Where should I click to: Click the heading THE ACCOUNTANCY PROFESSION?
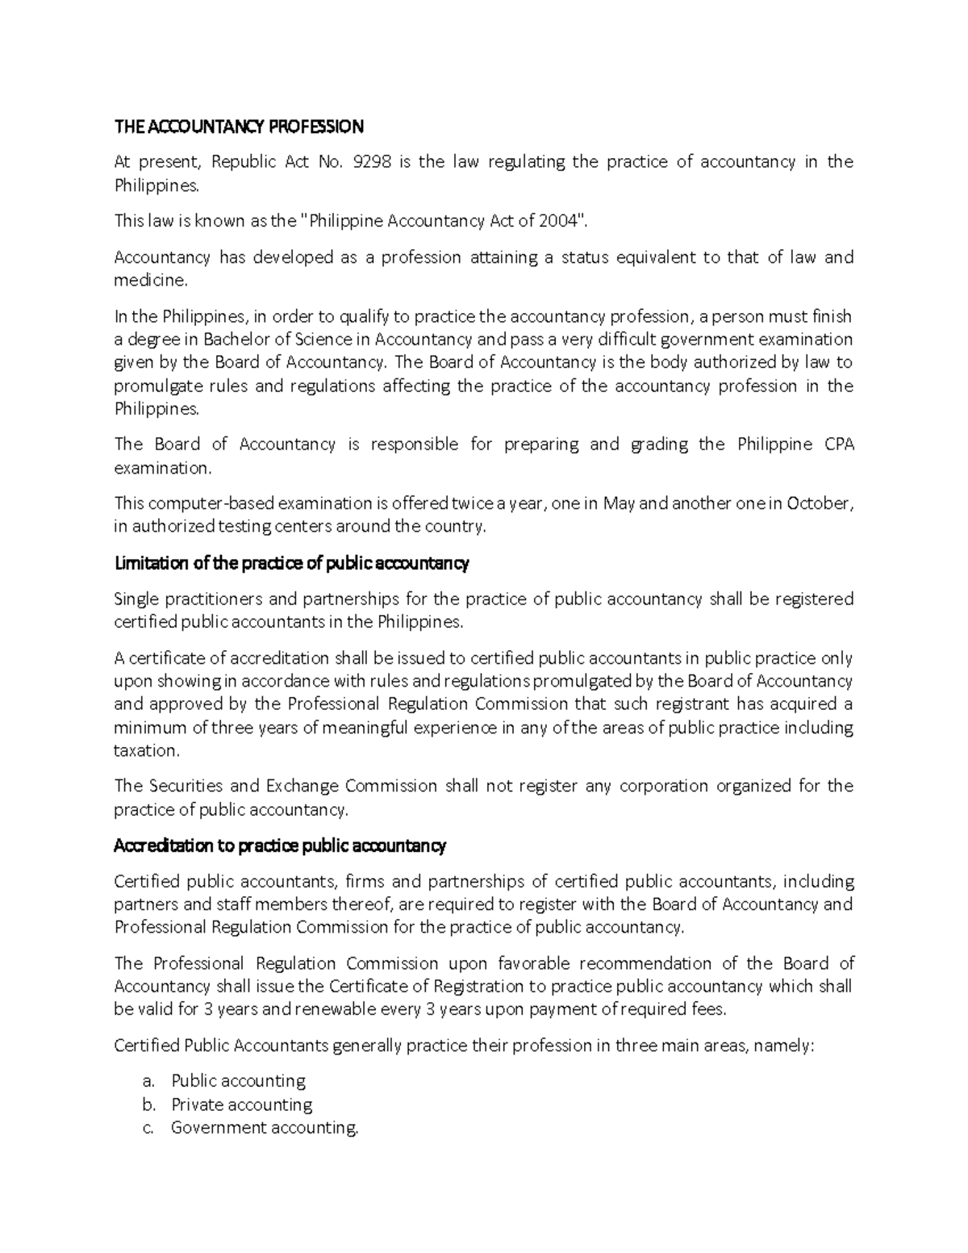[239, 127]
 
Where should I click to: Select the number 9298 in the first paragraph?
[373, 162]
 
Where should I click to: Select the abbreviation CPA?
[839, 445]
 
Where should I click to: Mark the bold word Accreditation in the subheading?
[160, 846]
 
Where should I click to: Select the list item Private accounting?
[241, 1105]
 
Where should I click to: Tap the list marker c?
[148, 1128]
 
